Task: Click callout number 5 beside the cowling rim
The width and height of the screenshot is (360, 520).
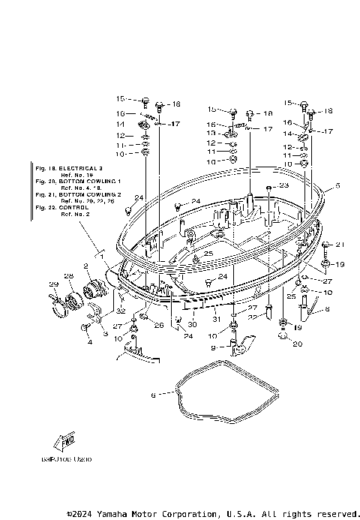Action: tap(337, 185)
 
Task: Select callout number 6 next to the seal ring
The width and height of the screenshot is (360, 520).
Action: tap(154, 394)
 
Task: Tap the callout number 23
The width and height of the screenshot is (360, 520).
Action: tap(283, 185)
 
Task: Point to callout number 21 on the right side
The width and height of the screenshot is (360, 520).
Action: tap(338, 245)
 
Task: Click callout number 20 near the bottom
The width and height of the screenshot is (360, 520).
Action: tap(296, 344)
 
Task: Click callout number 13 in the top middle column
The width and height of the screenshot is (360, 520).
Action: tap(212, 133)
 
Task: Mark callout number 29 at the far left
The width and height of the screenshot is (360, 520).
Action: tap(74, 284)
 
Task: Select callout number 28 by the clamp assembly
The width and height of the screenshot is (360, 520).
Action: tap(90, 277)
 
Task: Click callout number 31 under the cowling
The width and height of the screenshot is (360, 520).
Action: tap(217, 320)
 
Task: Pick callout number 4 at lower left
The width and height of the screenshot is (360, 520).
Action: tap(89, 343)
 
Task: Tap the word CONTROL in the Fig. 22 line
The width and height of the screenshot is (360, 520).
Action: tap(73, 208)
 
